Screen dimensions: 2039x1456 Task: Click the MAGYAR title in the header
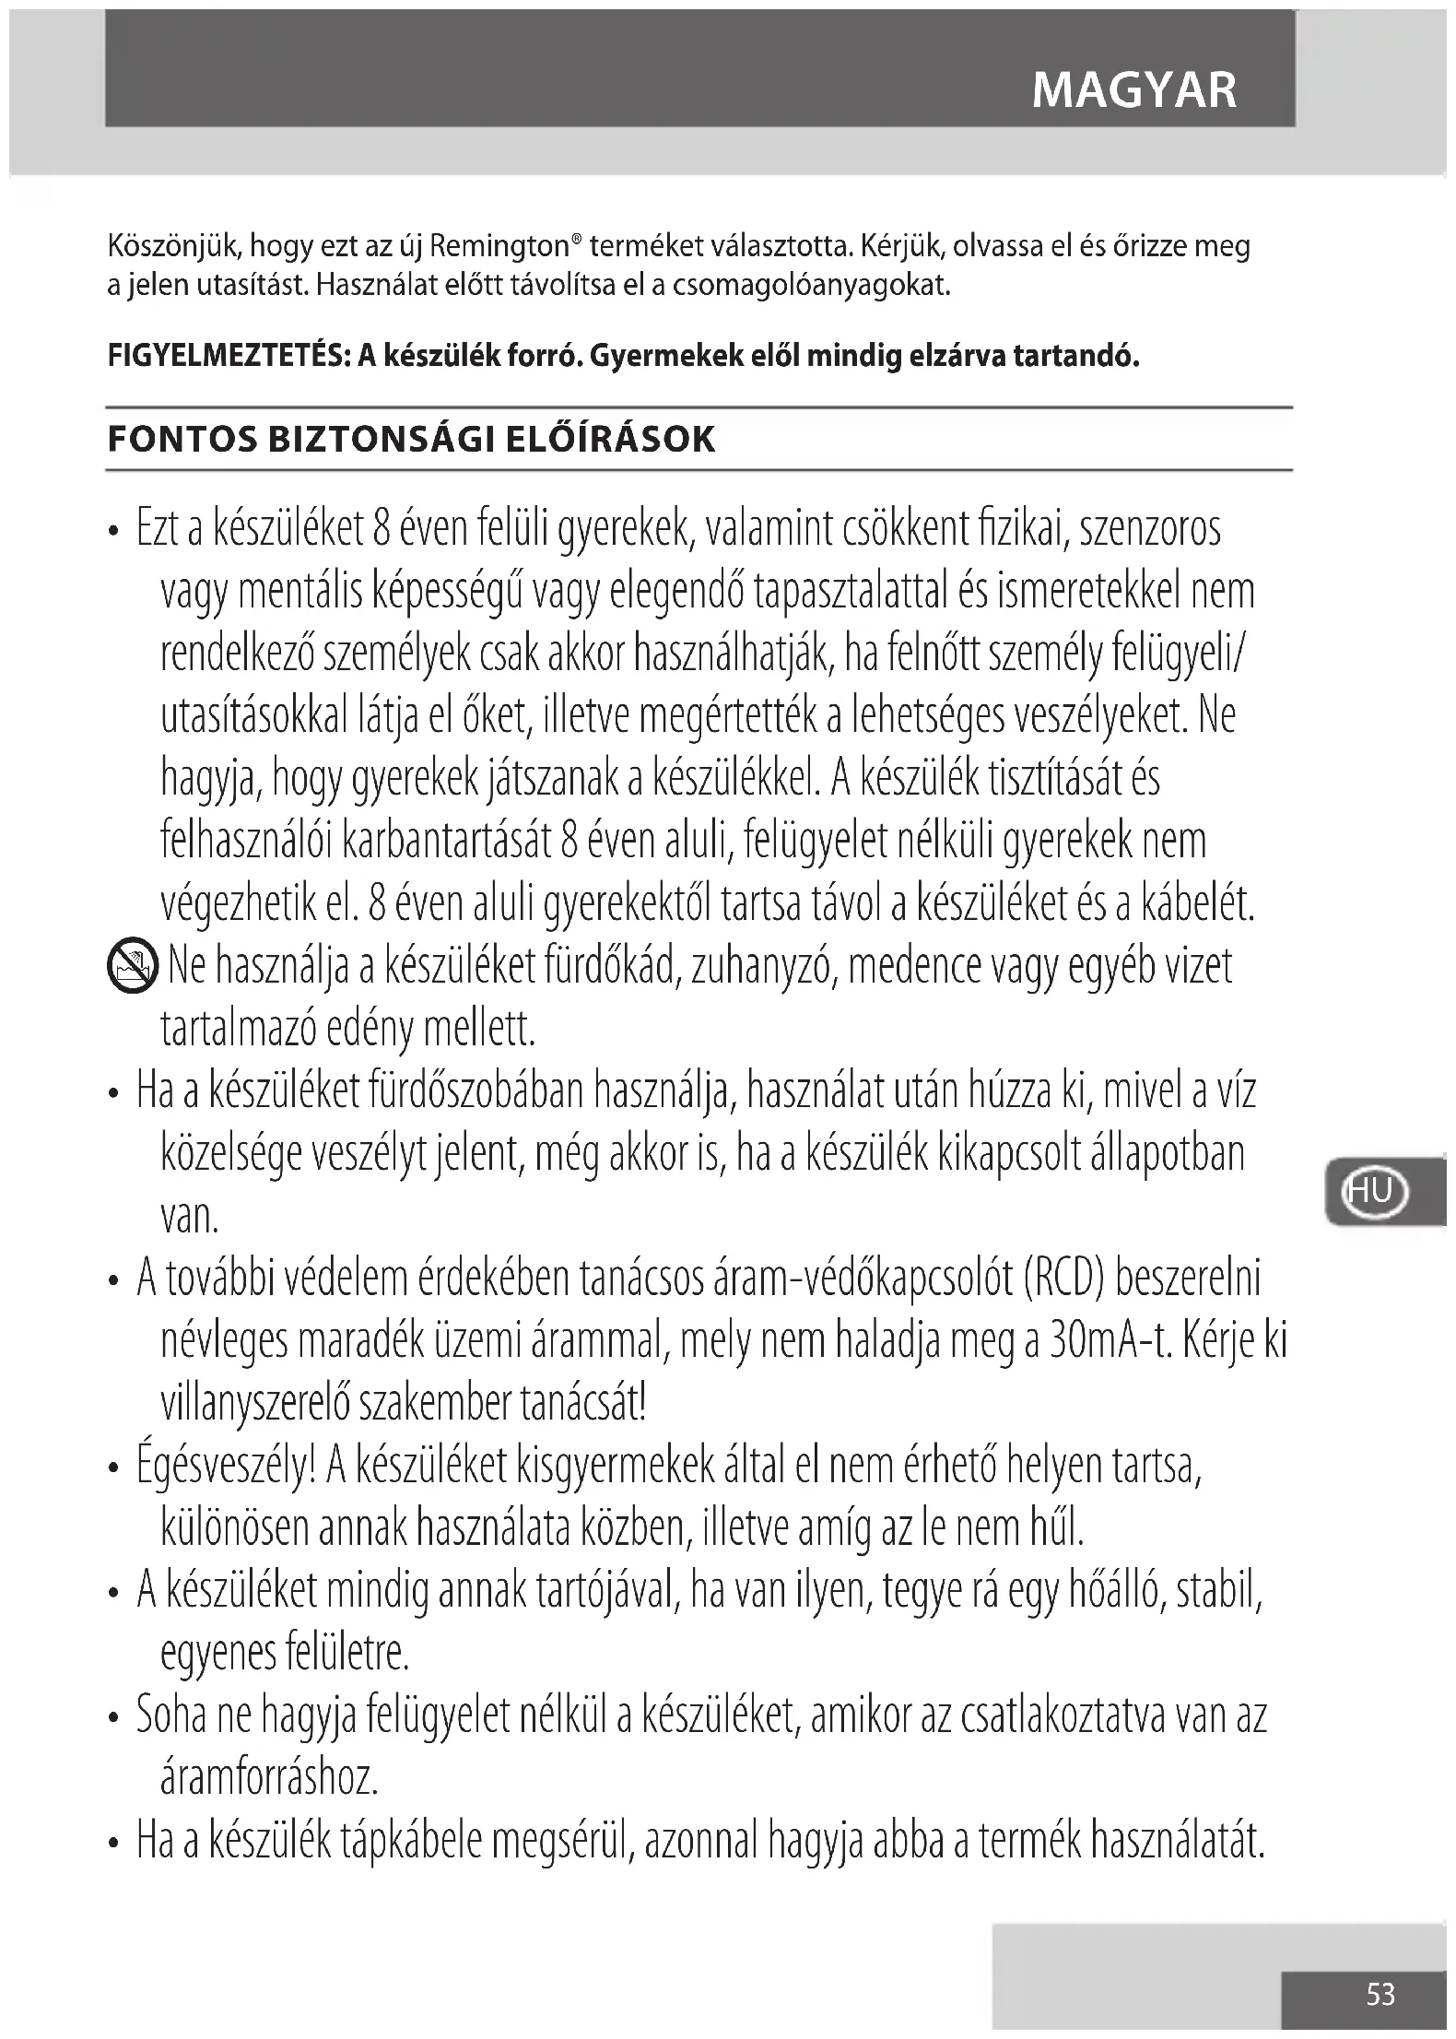tap(1133, 90)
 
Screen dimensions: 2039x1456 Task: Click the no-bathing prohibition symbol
tap(133, 969)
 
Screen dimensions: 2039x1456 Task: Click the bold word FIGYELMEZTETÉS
tap(227, 356)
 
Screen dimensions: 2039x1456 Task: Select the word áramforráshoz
tap(269, 1778)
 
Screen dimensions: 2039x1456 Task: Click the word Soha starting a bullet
tap(169, 1715)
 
